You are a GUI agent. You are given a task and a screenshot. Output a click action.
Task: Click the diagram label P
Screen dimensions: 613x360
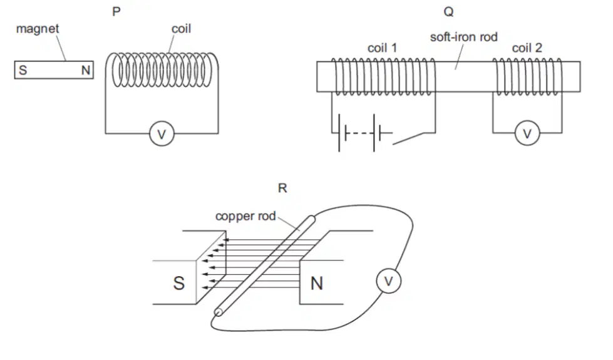(x=116, y=12)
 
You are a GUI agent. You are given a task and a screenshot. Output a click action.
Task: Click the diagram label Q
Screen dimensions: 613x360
(x=449, y=12)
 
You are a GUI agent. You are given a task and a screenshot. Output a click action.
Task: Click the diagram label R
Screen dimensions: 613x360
(x=282, y=188)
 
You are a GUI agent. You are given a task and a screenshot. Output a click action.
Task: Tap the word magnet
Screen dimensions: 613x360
(x=38, y=29)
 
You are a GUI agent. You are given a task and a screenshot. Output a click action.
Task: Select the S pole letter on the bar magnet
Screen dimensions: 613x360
(x=23, y=70)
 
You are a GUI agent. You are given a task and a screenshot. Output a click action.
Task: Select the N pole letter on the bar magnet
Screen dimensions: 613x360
(x=86, y=70)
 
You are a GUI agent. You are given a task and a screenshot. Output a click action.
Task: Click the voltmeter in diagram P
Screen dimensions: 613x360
(x=162, y=134)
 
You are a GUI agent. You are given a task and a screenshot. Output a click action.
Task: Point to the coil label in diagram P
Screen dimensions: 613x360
(x=181, y=29)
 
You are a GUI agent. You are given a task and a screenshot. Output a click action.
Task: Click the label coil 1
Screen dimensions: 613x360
(x=382, y=48)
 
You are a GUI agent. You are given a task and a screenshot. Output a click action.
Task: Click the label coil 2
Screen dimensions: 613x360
(x=527, y=48)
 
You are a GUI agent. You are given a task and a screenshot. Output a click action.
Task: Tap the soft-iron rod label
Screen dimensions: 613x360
(x=463, y=37)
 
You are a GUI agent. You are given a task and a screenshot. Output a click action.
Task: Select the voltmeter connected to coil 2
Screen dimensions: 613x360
(x=527, y=133)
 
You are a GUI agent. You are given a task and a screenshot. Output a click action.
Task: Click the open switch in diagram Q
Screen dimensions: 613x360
(x=408, y=139)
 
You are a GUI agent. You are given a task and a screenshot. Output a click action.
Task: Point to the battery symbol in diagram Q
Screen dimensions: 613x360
(x=362, y=133)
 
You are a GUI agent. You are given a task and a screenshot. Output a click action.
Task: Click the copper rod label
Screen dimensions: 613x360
(x=245, y=216)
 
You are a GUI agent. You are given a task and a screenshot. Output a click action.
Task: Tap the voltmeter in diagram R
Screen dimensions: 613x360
(x=389, y=281)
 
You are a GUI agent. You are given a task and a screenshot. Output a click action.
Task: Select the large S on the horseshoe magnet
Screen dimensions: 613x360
(x=179, y=283)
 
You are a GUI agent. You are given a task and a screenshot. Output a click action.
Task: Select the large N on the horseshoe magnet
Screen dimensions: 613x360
(x=317, y=284)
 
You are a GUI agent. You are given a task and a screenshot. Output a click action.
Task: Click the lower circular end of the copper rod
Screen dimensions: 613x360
(x=219, y=312)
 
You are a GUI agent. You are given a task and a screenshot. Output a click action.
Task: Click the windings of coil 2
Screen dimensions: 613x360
(x=527, y=77)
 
